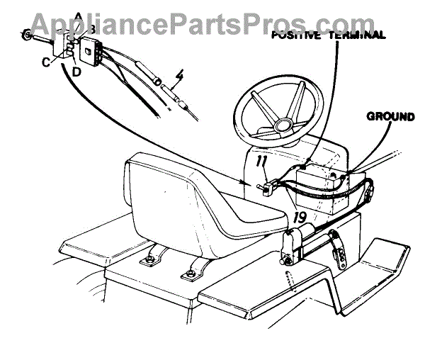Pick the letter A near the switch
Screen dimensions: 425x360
pos(78,16)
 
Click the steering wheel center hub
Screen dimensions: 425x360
pos(283,125)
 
